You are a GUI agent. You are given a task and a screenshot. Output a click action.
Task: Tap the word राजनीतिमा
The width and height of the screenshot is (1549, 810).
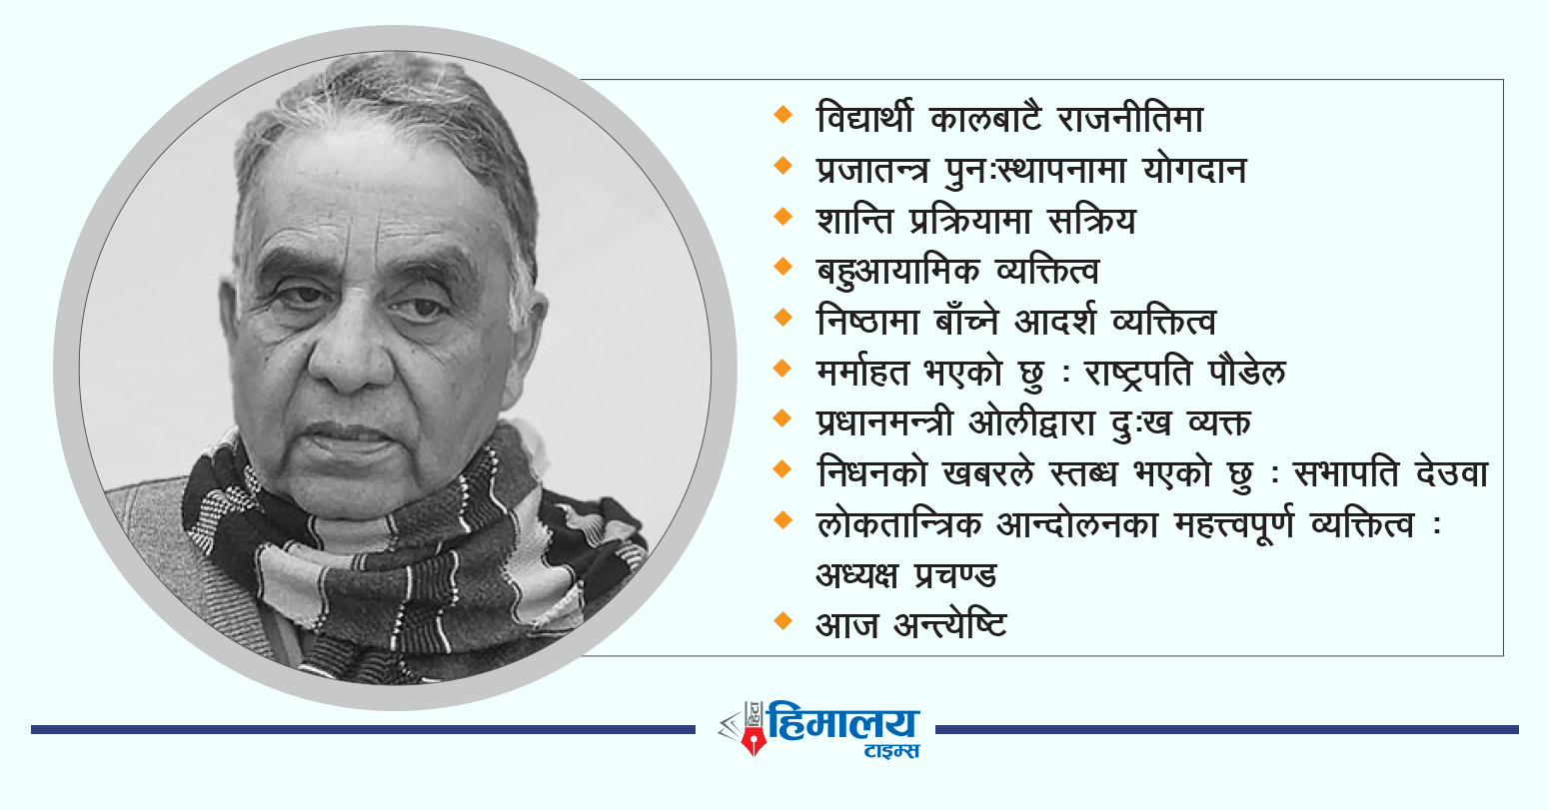point(1131,119)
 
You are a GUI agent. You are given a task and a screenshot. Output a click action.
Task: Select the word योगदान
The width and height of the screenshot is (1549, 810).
point(1194,170)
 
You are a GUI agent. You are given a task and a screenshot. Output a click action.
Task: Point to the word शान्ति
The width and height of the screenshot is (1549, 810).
point(854,221)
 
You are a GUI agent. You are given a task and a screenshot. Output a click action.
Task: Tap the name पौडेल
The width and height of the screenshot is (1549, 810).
point(1247,373)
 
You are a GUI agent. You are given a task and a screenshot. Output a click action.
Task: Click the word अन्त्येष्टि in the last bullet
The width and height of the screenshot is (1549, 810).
point(950,625)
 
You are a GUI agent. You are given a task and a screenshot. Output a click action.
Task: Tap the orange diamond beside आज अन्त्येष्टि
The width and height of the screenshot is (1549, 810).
point(782,620)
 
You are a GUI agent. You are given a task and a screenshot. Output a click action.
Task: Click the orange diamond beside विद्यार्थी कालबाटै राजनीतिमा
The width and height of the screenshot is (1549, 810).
point(782,115)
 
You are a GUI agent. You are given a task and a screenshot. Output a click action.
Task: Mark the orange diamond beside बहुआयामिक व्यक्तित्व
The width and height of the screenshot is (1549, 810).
point(782,267)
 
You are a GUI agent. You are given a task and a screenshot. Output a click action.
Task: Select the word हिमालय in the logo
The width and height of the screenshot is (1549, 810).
point(843,723)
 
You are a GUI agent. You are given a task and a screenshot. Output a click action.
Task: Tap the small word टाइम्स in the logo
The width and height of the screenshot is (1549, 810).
point(892,750)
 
